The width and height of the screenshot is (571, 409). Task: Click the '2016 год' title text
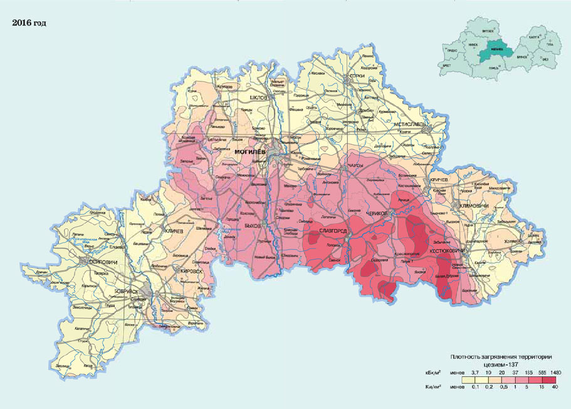click(x=29, y=23)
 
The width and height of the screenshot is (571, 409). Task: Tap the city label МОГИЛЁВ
click(x=251, y=152)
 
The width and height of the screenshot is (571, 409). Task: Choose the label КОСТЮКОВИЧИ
click(x=448, y=252)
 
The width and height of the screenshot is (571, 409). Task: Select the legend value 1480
click(x=555, y=373)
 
